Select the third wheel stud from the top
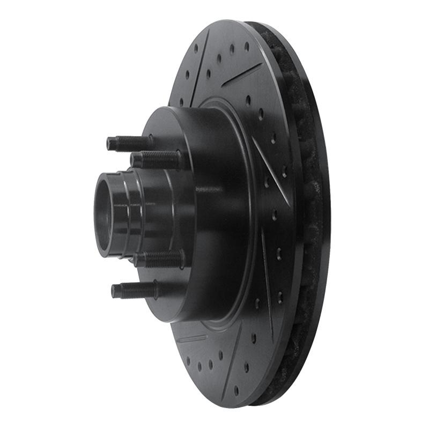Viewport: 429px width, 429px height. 161,259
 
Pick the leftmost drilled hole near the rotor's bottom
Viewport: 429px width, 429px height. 188,360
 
